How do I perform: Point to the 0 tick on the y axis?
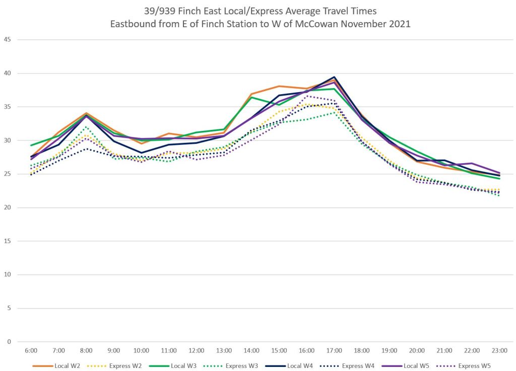[9, 342]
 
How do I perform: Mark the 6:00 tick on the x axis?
[31, 350]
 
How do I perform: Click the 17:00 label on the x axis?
[334, 350]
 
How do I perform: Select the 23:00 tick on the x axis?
[499, 350]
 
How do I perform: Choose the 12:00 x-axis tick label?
[197, 350]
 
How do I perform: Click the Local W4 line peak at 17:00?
[334, 77]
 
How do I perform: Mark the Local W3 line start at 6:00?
[31, 145]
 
